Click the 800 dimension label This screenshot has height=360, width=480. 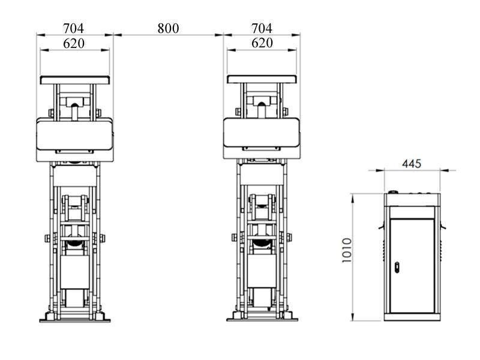click(x=168, y=28)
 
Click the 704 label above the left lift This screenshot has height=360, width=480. click(x=73, y=28)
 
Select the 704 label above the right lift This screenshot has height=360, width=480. click(x=262, y=28)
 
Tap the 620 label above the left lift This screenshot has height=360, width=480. click(x=74, y=43)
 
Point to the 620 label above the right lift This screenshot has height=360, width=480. click(x=262, y=43)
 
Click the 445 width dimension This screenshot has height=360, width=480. click(x=412, y=164)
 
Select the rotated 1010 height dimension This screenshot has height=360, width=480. click(x=347, y=250)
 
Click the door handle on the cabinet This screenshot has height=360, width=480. click(x=397, y=268)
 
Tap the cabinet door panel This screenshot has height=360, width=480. click(x=412, y=266)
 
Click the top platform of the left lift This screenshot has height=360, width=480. click(x=74, y=80)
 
